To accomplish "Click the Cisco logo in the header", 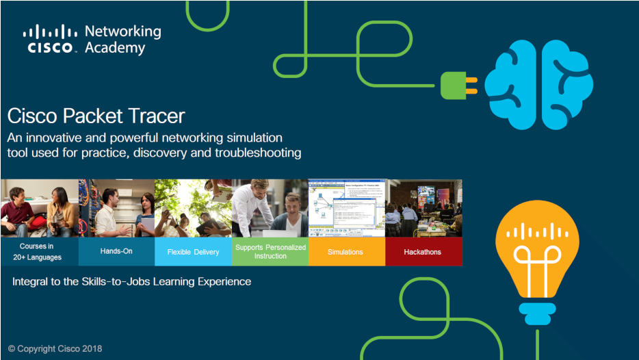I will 50,39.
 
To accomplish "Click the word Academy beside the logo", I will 115,48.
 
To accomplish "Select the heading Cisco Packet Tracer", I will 96,115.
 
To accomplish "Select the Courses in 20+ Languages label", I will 40,252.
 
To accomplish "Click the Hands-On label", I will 116,251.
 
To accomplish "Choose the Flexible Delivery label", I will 193,252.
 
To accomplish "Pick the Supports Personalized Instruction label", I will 270,252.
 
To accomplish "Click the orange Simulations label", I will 345,252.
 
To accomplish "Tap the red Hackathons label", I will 423,252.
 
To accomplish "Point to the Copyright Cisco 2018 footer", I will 55,348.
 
